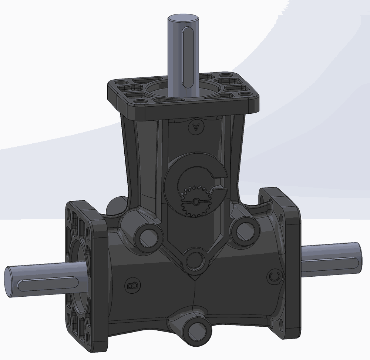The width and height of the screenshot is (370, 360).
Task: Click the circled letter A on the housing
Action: click(196, 127)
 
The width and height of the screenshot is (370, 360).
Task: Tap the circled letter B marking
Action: click(132, 285)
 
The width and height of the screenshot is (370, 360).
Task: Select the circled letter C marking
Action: click(275, 277)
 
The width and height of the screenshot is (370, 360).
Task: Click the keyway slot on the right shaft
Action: click(330, 259)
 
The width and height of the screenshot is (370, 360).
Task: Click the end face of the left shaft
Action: click(9, 281)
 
